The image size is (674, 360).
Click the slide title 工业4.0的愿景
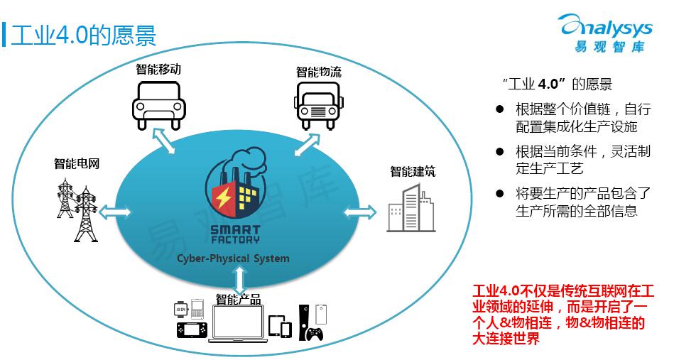pos(83,34)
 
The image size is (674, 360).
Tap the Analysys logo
pos(607,33)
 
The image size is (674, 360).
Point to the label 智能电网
pos(77,163)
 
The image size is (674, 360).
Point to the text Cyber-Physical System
pos(233,258)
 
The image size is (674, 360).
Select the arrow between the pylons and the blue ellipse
pos(115,212)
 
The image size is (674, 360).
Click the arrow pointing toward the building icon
pos(360,212)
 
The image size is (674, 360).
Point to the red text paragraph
pos(562,315)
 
